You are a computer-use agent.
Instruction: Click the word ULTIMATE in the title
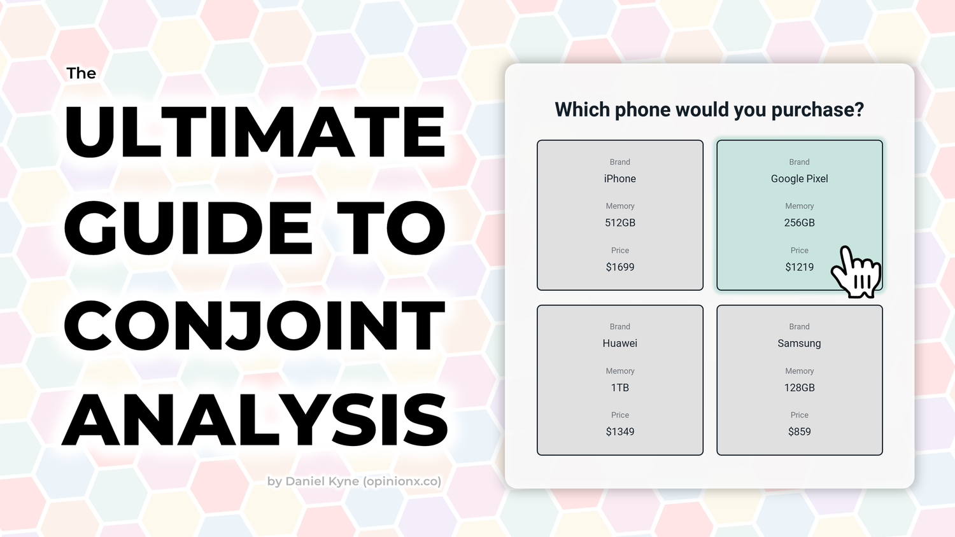pyautogui.click(x=255, y=132)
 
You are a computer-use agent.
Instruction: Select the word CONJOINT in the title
pyautogui.click(x=255, y=326)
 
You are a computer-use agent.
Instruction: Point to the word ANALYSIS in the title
pyautogui.click(x=255, y=421)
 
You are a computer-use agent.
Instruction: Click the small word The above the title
pyautogui.click(x=81, y=74)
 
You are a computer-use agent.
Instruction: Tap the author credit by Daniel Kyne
pyautogui.click(x=354, y=481)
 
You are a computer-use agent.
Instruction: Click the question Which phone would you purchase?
pyautogui.click(x=709, y=109)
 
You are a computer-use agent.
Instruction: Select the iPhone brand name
pyautogui.click(x=619, y=179)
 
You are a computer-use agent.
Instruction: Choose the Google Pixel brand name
pyautogui.click(x=799, y=179)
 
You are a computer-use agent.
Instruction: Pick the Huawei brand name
pyautogui.click(x=619, y=344)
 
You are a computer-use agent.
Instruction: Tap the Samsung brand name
pyautogui.click(x=799, y=344)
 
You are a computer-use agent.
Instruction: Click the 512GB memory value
pyautogui.click(x=619, y=223)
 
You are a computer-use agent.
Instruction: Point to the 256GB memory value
pyautogui.click(x=799, y=223)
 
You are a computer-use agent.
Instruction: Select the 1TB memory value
pyautogui.click(x=619, y=387)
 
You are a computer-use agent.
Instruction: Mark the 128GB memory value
pyautogui.click(x=799, y=387)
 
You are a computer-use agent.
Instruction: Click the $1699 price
pyautogui.click(x=619, y=267)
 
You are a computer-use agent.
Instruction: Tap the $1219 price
pyautogui.click(x=799, y=267)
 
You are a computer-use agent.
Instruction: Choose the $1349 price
pyautogui.click(x=619, y=432)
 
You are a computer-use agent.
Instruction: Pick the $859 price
pyautogui.click(x=799, y=432)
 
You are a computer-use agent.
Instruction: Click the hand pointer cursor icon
pyautogui.click(x=857, y=274)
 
